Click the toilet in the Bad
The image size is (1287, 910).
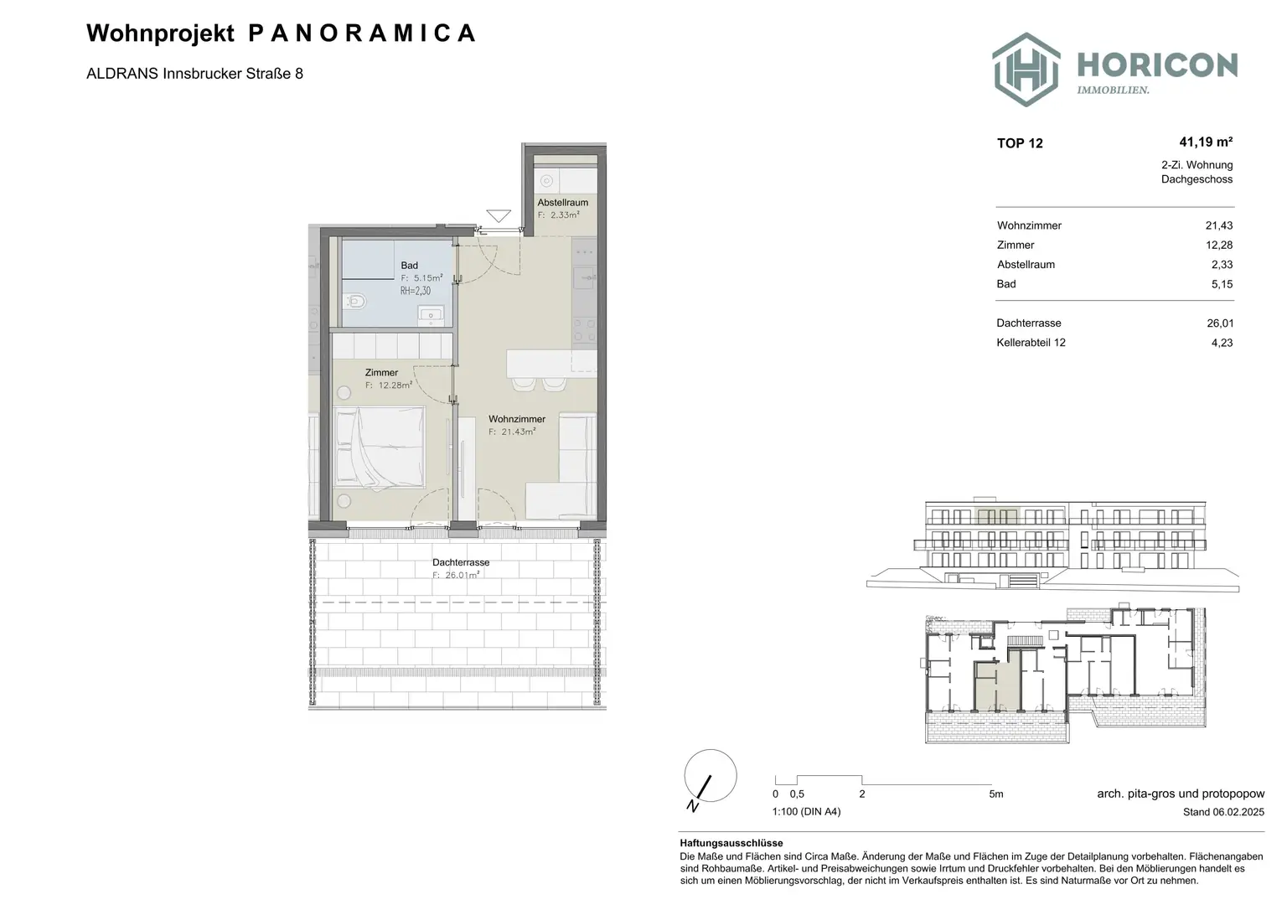point(355,301)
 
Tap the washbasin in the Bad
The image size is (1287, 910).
point(430,314)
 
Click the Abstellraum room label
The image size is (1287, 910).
point(562,202)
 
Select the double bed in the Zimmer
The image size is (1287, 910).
point(380,446)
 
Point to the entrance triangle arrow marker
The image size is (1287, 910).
point(499,215)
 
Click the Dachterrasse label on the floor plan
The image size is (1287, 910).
point(461,562)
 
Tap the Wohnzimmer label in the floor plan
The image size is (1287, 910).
point(516,419)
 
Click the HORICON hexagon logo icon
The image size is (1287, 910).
point(1026,70)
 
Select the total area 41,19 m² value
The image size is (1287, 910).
point(1206,142)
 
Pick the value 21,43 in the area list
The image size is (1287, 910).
point(1218,225)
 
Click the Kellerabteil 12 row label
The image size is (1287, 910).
point(1031,343)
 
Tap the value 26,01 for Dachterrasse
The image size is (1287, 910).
point(1220,323)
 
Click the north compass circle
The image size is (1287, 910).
point(711,776)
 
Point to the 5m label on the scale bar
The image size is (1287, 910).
point(995,794)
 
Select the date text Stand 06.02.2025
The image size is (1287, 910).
point(1223,812)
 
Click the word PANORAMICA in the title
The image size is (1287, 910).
point(362,34)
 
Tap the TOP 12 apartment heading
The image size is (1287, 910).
point(1020,143)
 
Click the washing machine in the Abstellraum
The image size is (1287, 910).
point(546,181)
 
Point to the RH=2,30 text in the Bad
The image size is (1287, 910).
point(416,291)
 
